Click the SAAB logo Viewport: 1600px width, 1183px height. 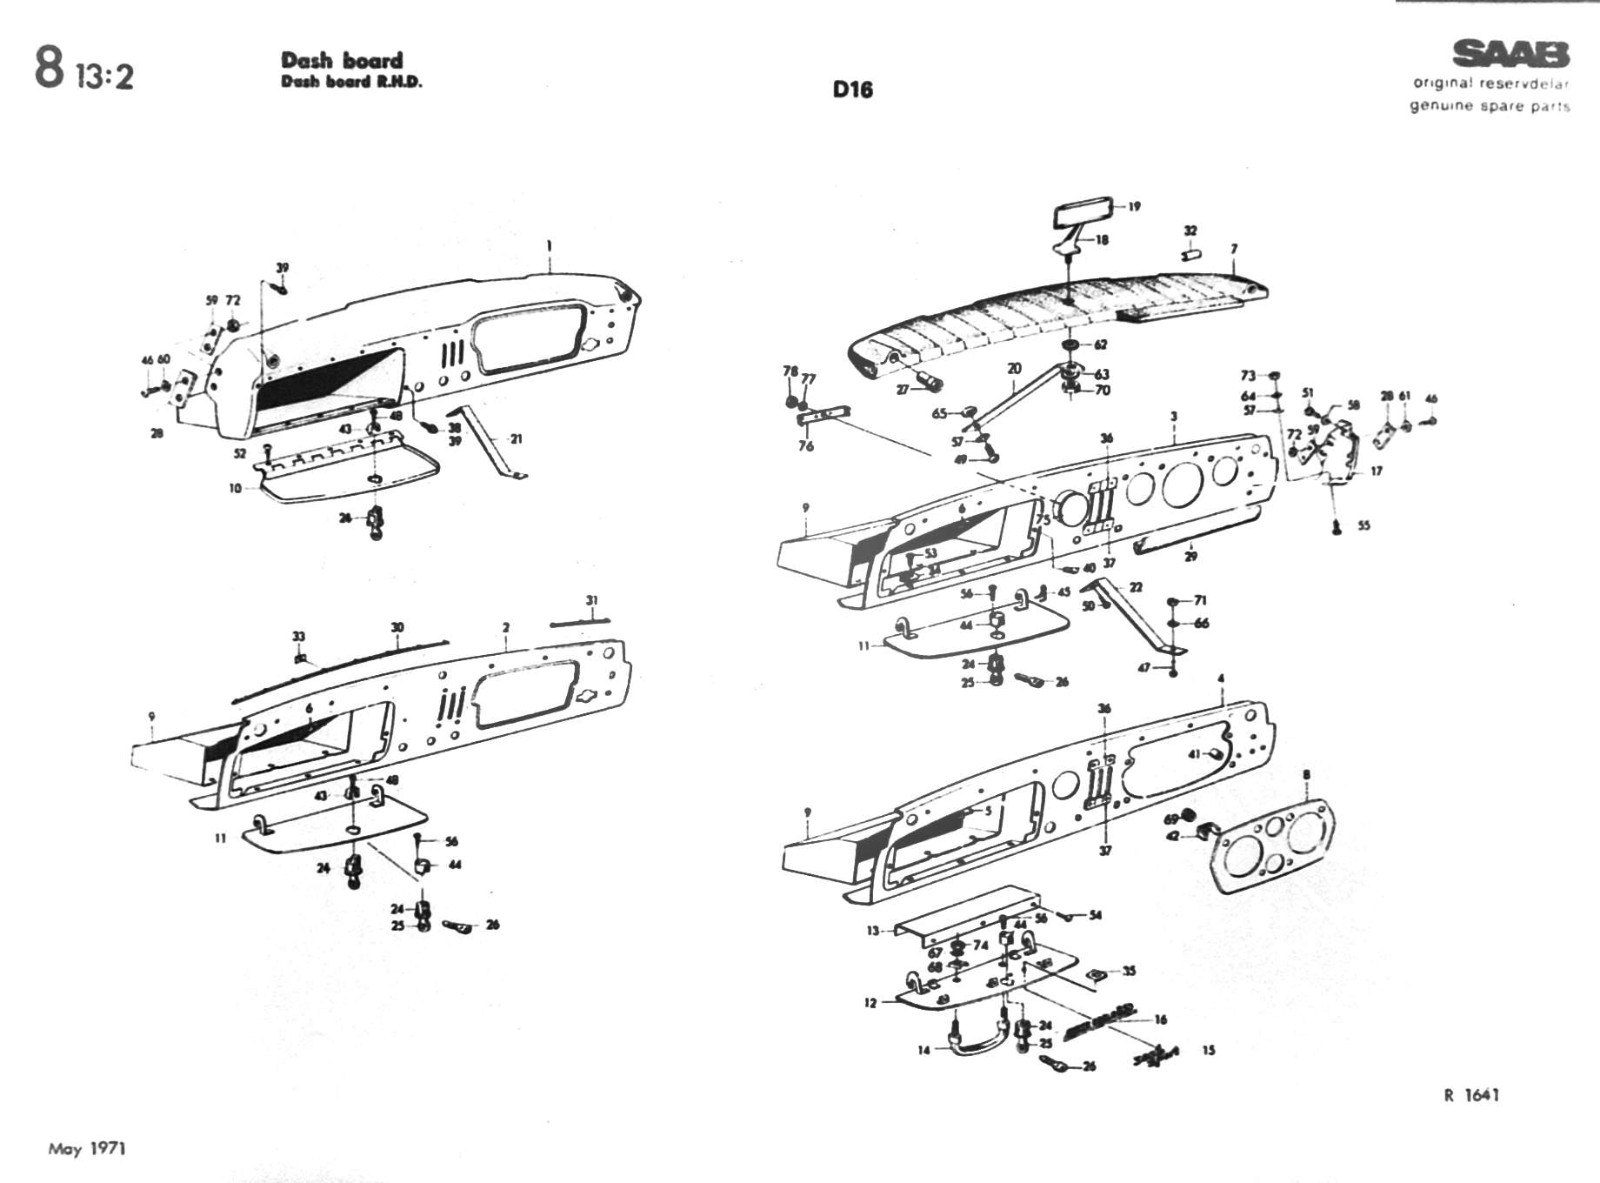1511,55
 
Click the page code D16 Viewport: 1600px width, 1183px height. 852,90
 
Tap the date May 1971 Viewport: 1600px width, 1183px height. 87,1149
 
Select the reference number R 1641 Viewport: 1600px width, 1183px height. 1471,1095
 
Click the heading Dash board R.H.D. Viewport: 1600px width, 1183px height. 351,83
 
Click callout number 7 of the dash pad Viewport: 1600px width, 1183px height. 1234,250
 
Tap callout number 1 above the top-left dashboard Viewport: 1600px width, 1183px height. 549,247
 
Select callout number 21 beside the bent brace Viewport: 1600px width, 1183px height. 517,438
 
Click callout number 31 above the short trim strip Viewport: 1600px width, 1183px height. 592,600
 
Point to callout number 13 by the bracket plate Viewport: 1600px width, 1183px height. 872,931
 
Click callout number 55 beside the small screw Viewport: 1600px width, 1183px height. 1363,525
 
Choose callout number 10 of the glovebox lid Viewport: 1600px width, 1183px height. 235,488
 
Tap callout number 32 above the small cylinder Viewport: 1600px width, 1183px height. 1190,231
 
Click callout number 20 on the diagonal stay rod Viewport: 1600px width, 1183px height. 1014,369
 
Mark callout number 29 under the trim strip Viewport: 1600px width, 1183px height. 1190,556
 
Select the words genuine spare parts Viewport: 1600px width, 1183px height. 1490,106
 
